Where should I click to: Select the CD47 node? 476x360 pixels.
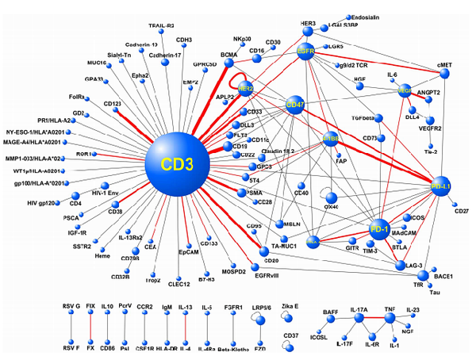point(295,105)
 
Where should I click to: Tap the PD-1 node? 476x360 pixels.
point(382,230)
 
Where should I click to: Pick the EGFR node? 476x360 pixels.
point(305,52)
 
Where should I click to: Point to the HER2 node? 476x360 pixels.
point(247,88)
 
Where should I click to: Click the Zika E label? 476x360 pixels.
point(290,305)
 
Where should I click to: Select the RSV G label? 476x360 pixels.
point(72,305)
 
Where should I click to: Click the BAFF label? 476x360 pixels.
point(331,312)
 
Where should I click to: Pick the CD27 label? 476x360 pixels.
point(462,210)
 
